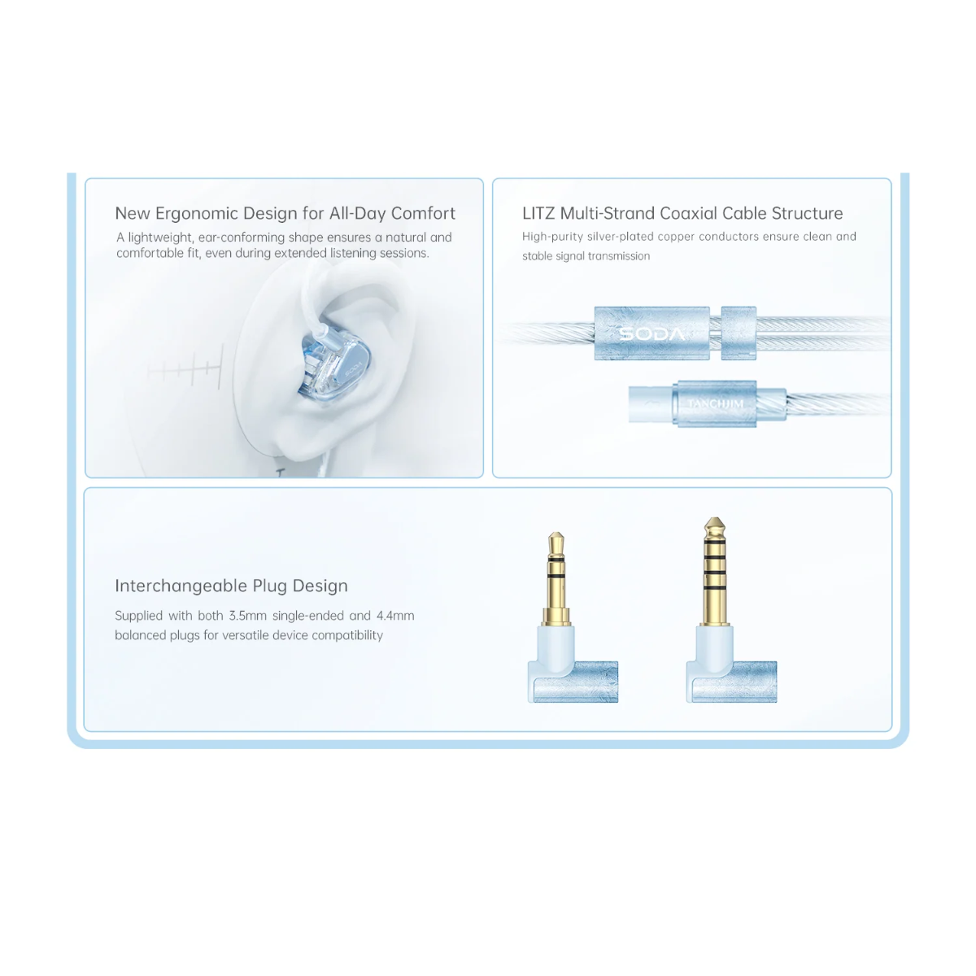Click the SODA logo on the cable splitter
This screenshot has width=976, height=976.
[x=651, y=333]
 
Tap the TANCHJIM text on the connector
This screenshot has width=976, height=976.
[x=715, y=403]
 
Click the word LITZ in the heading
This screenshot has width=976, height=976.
[x=539, y=213]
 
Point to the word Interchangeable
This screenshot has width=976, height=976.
[x=181, y=586]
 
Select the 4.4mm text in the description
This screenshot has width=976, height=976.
[x=395, y=616]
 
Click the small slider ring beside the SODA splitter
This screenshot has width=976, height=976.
[x=739, y=333]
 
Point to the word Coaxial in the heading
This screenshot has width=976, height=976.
[x=683, y=213]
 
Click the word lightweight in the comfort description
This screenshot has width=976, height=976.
[x=160, y=237]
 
